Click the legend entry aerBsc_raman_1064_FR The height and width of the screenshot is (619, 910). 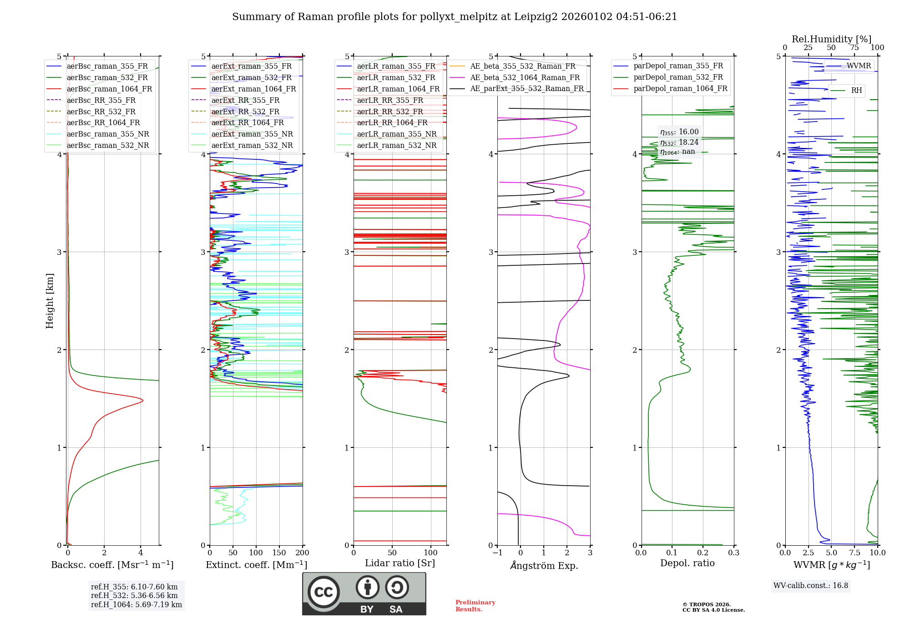(109, 89)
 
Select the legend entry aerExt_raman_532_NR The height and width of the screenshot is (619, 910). (252, 146)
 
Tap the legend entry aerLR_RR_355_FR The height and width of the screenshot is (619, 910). (389, 100)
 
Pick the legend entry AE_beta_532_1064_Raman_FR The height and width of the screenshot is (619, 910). (525, 77)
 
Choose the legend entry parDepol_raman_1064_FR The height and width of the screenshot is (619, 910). (680, 88)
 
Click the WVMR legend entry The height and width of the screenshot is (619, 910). (859, 66)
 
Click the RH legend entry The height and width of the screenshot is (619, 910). (856, 91)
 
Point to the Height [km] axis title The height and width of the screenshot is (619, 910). (50, 300)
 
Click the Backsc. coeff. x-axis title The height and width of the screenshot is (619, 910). (112, 565)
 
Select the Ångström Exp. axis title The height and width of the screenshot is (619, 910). (544, 565)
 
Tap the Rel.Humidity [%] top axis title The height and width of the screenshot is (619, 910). (831, 39)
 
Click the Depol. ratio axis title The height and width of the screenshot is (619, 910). (687, 563)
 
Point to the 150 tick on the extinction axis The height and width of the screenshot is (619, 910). (279, 553)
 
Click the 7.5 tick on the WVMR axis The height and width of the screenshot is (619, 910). (854, 553)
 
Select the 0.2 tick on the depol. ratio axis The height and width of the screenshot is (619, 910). (703, 553)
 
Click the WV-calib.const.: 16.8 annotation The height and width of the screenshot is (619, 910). (810, 585)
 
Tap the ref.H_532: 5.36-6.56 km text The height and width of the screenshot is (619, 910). (134, 595)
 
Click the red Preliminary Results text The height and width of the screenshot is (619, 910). (475, 605)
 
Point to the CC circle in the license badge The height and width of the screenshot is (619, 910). (324, 592)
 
